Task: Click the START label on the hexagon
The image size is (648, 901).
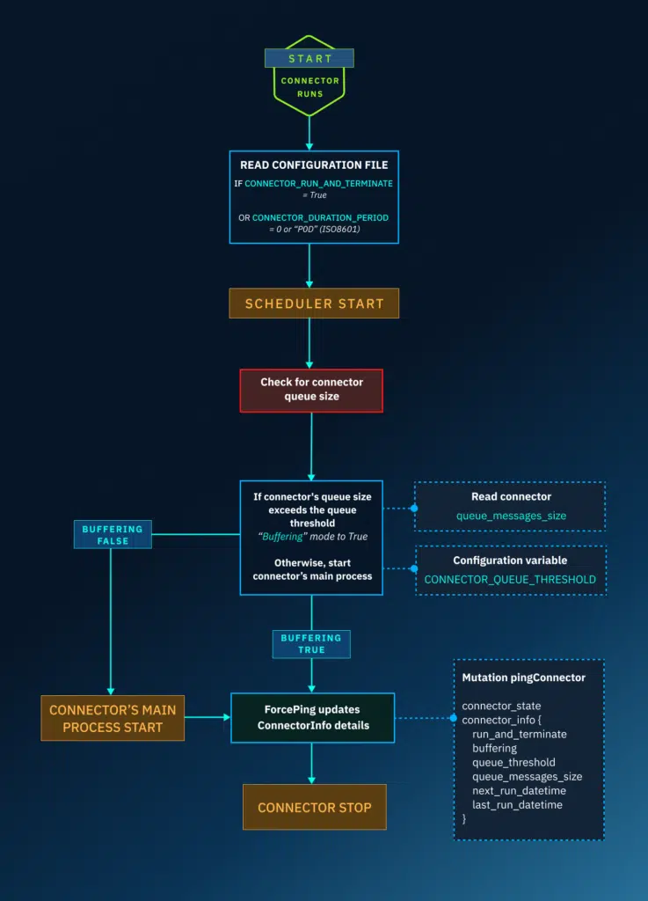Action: tap(309, 59)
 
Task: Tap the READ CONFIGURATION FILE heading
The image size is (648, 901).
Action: tap(314, 165)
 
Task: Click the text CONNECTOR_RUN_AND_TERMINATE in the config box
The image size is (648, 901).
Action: tap(318, 183)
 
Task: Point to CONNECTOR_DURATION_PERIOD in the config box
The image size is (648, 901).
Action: tap(320, 216)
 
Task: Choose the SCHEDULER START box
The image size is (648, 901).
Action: tap(314, 304)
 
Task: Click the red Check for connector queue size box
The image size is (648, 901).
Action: tap(311, 390)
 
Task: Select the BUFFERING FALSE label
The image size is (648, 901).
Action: tap(112, 535)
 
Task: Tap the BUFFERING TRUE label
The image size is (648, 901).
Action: tap(310, 643)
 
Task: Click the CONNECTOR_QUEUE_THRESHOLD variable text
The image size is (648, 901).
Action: tap(510, 579)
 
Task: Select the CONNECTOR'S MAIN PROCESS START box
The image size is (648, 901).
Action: tap(113, 717)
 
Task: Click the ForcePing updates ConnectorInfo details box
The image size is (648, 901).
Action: tap(311, 717)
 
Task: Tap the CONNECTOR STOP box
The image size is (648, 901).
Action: tap(314, 807)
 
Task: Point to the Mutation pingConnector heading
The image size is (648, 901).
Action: tap(523, 678)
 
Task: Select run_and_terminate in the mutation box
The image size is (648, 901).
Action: tap(519, 734)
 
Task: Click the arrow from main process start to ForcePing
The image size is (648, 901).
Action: tap(208, 717)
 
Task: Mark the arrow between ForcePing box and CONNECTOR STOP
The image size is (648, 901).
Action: tap(311, 763)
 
